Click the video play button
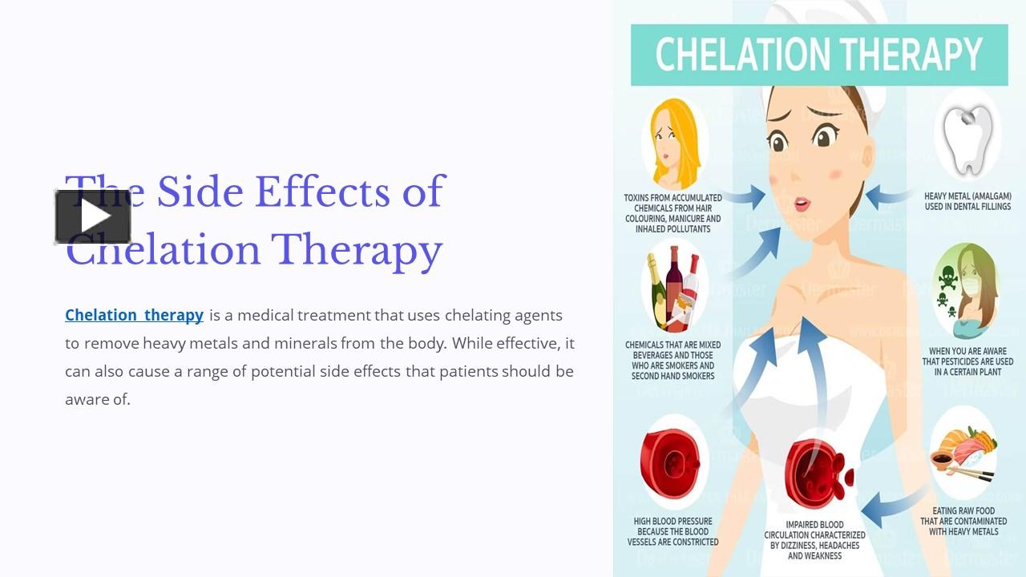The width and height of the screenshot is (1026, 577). (93, 216)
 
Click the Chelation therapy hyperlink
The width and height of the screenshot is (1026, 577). (134, 315)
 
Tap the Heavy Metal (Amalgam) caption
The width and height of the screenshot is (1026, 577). (967, 201)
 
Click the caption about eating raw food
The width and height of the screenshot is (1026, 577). (963, 521)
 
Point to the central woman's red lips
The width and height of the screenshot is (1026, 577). (801, 204)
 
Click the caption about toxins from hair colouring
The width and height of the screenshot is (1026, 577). (673, 213)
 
